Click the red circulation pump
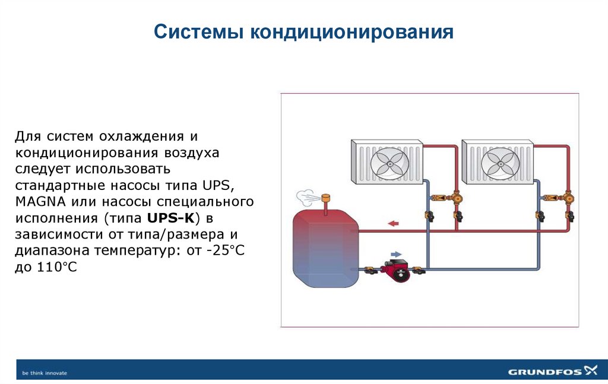click(x=394, y=270)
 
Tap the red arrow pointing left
click(x=392, y=223)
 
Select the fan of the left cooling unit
click(x=389, y=161)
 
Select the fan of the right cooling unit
click(x=499, y=161)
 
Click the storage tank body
click(x=326, y=245)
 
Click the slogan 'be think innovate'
click(x=45, y=373)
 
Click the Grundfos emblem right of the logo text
click(x=591, y=371)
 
